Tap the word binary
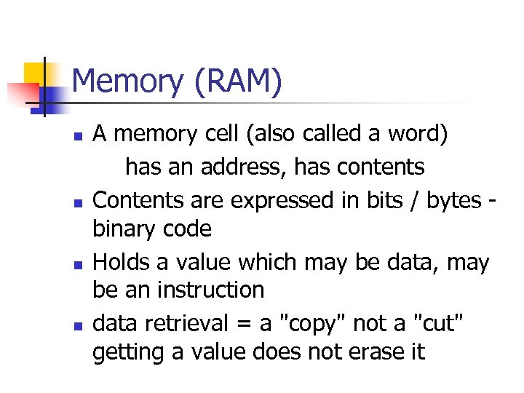[x=124, y=230]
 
